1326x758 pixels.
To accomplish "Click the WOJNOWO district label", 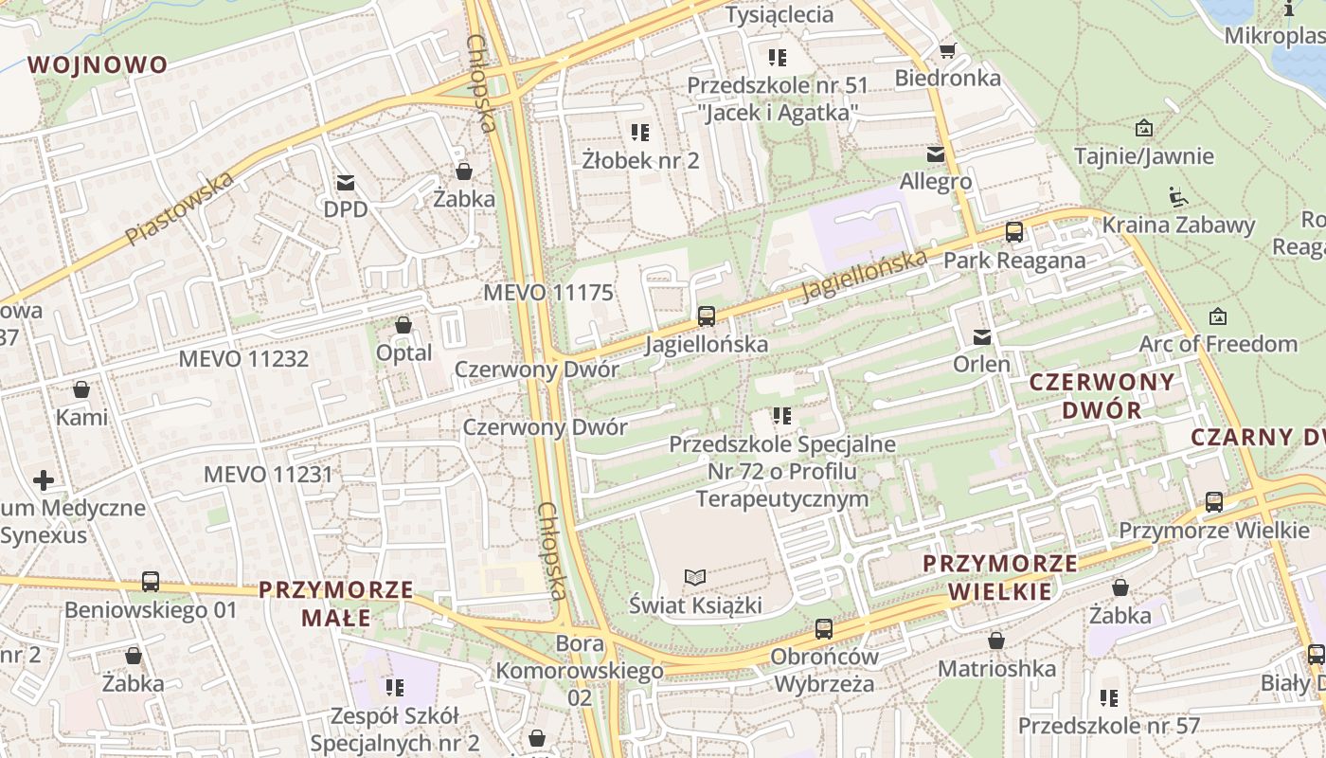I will point(98,64).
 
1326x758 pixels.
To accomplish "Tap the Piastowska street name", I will point(179,208).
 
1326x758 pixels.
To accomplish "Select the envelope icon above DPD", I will point(345,182).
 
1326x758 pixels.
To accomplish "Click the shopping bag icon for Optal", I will point(403,326).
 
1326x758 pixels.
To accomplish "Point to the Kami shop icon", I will point(81,389).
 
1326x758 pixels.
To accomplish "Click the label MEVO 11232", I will point(243,358).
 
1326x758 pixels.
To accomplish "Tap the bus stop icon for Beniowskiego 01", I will point(151,581).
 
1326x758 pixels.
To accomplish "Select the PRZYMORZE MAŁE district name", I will point(336,604).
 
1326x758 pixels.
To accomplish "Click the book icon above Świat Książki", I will point(695,577).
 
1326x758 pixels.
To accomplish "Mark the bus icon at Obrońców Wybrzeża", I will point(824,628).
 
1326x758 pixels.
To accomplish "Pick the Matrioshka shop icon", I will point(995,641).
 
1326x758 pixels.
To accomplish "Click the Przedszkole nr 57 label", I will point(1108,726).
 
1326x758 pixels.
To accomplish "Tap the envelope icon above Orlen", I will point(981,336).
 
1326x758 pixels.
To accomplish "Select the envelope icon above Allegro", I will point(936,153).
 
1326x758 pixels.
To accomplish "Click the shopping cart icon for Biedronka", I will point(946,50).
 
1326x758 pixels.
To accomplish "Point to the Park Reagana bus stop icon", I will point(1014,231).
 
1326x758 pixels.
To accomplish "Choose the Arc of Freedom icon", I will point(1218,316).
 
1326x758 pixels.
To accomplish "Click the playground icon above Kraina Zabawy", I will point(1177,197).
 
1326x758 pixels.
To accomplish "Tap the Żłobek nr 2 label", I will point(640,160).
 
